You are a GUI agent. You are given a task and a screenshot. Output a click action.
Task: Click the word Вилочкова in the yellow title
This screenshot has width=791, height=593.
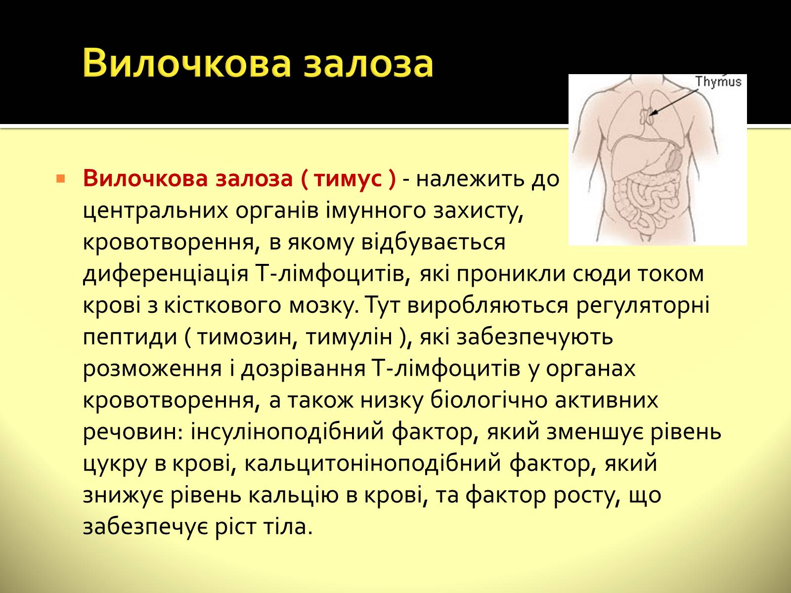[187, 64]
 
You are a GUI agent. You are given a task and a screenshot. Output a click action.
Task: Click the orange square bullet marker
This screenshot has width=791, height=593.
[60, 178]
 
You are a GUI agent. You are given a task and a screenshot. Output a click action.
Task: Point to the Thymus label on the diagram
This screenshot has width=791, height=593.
[718, 82]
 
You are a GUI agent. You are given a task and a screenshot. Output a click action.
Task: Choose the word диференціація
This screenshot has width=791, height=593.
[166, 274]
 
